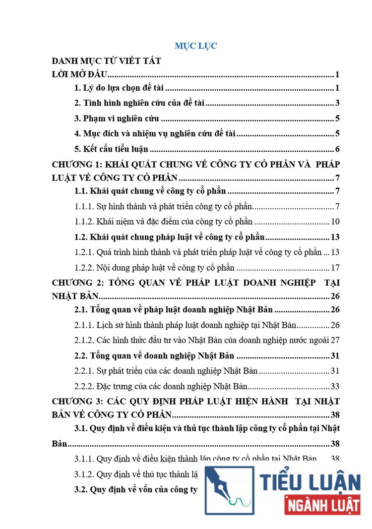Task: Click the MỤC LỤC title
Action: (x=196, y=46)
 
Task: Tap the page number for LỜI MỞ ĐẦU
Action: (x=337, y=75)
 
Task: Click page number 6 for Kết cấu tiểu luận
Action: (x=337, y=149)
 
